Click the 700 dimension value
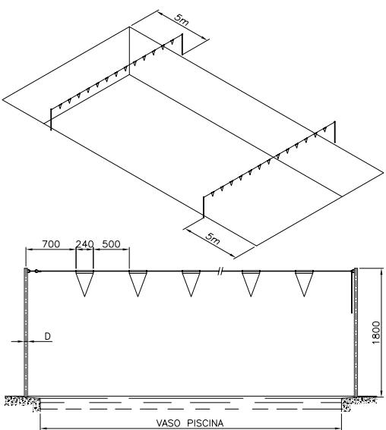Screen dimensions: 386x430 [51, 244]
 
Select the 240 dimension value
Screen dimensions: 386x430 [84, 244]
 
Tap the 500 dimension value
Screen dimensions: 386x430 [111, 244]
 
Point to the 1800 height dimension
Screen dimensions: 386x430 [376, 333]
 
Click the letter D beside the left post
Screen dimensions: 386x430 [48, 336]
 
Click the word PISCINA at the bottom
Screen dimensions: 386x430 [205, 423]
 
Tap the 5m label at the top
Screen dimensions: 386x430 [182, 20]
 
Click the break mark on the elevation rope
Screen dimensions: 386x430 [220, 271]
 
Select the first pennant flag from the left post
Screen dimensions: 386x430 [84, 284]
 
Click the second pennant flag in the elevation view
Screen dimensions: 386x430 [138, 284]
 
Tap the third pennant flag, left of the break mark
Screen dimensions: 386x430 [191, 284]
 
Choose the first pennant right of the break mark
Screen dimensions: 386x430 [251, 284]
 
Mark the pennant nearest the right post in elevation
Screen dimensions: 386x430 [304, 284]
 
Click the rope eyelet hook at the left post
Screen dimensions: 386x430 [36, 271]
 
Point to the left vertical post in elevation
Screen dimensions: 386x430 [26, 332]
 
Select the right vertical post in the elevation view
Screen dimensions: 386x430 [356, 332]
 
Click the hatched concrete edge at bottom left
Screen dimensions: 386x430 [23, 403]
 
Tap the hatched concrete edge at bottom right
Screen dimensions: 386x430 [359, 403]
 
